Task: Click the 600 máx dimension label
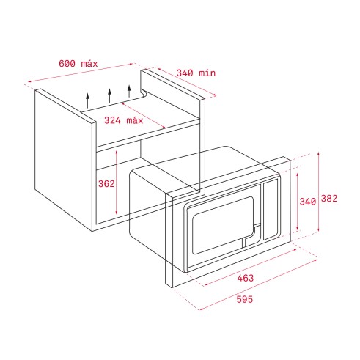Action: pos(78,64)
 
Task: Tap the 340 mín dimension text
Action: pos(196,73)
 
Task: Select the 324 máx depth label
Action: pos(123,120)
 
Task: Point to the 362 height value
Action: pos(106,184)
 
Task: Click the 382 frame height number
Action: pos(329,199)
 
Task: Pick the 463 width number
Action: pos(246,278)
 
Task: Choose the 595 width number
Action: pos(245,299)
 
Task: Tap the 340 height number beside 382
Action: pos(308,202)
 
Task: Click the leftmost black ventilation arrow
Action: pos(87,100)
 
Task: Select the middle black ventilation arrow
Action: pos(109,95)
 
